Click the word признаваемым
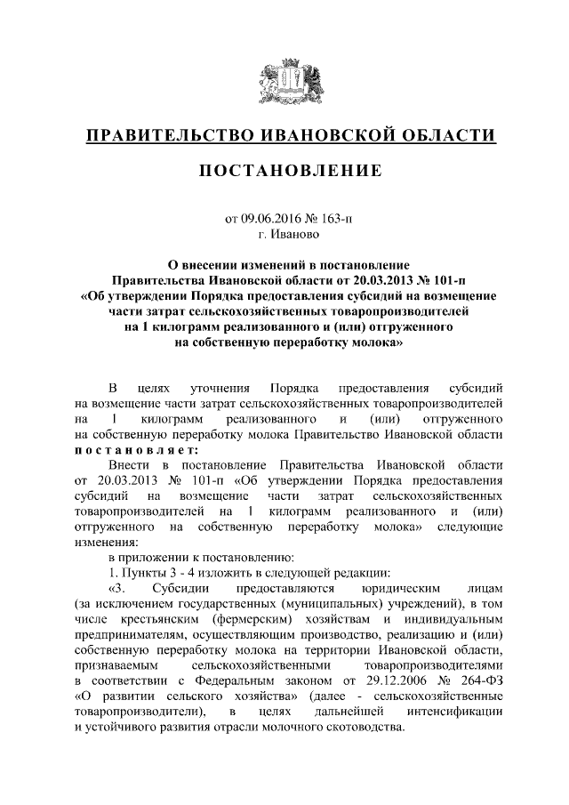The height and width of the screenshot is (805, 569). pyautogui.click(x=116, y=668)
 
